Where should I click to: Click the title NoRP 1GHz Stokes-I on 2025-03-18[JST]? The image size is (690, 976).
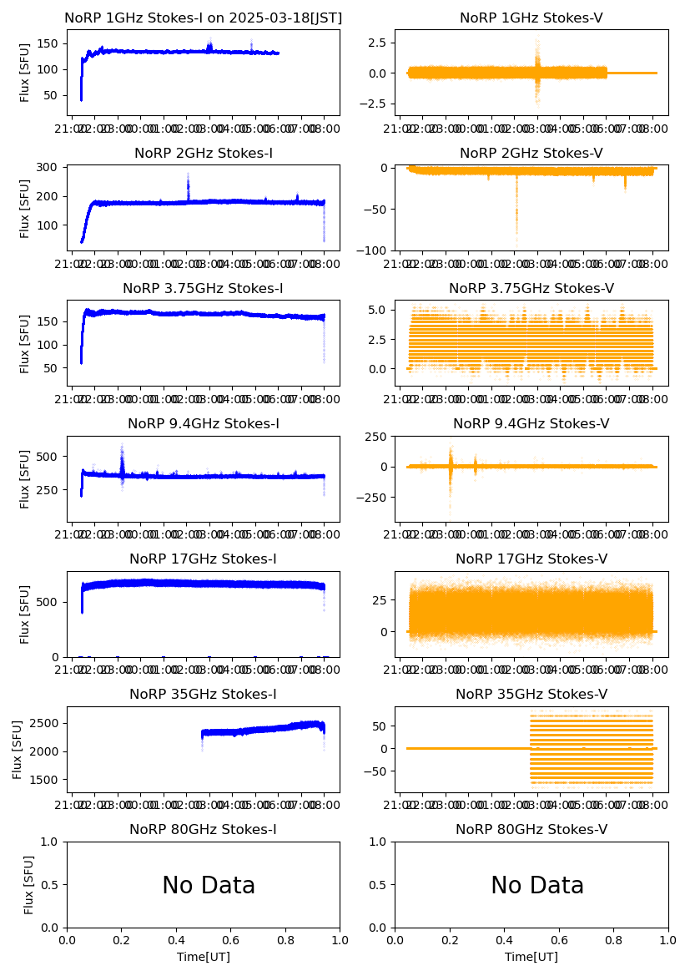203,18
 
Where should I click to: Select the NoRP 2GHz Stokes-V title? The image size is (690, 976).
531,153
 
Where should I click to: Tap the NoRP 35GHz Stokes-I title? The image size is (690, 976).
203,694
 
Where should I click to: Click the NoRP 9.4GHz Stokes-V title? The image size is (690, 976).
531,423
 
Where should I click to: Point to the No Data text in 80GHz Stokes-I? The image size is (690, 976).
209,885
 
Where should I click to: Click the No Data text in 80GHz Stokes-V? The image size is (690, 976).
537,885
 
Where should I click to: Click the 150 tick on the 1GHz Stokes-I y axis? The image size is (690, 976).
49,43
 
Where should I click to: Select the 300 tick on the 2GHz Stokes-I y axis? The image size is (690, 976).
49,168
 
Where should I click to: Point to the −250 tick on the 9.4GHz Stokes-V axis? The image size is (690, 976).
374,498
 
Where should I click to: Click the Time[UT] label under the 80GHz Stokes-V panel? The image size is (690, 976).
531,957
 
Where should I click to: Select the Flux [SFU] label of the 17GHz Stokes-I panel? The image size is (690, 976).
25,614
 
